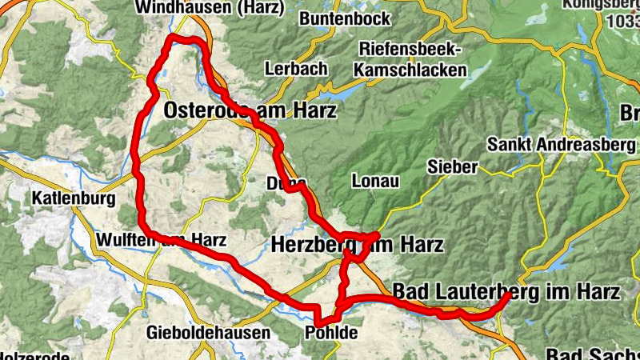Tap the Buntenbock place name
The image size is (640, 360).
[x=344, y=18]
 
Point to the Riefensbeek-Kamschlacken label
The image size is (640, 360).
[x=413, y=59]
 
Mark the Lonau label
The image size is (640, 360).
[x=374, y=182]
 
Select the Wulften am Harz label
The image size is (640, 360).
[x=161, y=240]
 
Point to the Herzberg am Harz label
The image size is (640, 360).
[x=357, y=245]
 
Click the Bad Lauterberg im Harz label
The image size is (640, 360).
[x=506, y=292]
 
